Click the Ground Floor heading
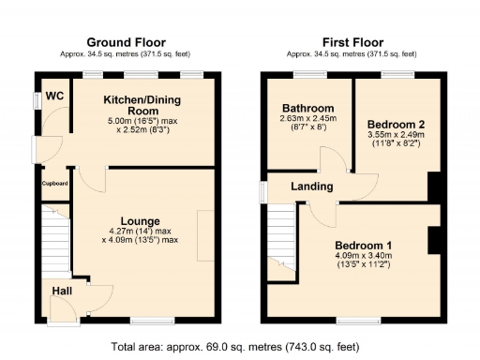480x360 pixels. pos(126,42)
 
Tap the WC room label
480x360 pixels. pos(55,96)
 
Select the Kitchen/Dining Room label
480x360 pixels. pos(142,105)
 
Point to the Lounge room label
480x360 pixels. pos(139,220)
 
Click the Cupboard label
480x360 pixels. pos(54,183)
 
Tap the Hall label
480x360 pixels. pos(63,291)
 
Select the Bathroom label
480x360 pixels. pos(307,108)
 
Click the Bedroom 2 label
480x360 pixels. pos(396,124)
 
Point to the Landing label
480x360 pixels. pos(310,187)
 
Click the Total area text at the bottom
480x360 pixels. pos(234,346)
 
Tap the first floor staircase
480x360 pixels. pos(282,240)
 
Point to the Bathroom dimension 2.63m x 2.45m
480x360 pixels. pos(307,118)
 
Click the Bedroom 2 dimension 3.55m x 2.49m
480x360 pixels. pos(396,135)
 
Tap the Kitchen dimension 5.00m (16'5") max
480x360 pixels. pos(142,120)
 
